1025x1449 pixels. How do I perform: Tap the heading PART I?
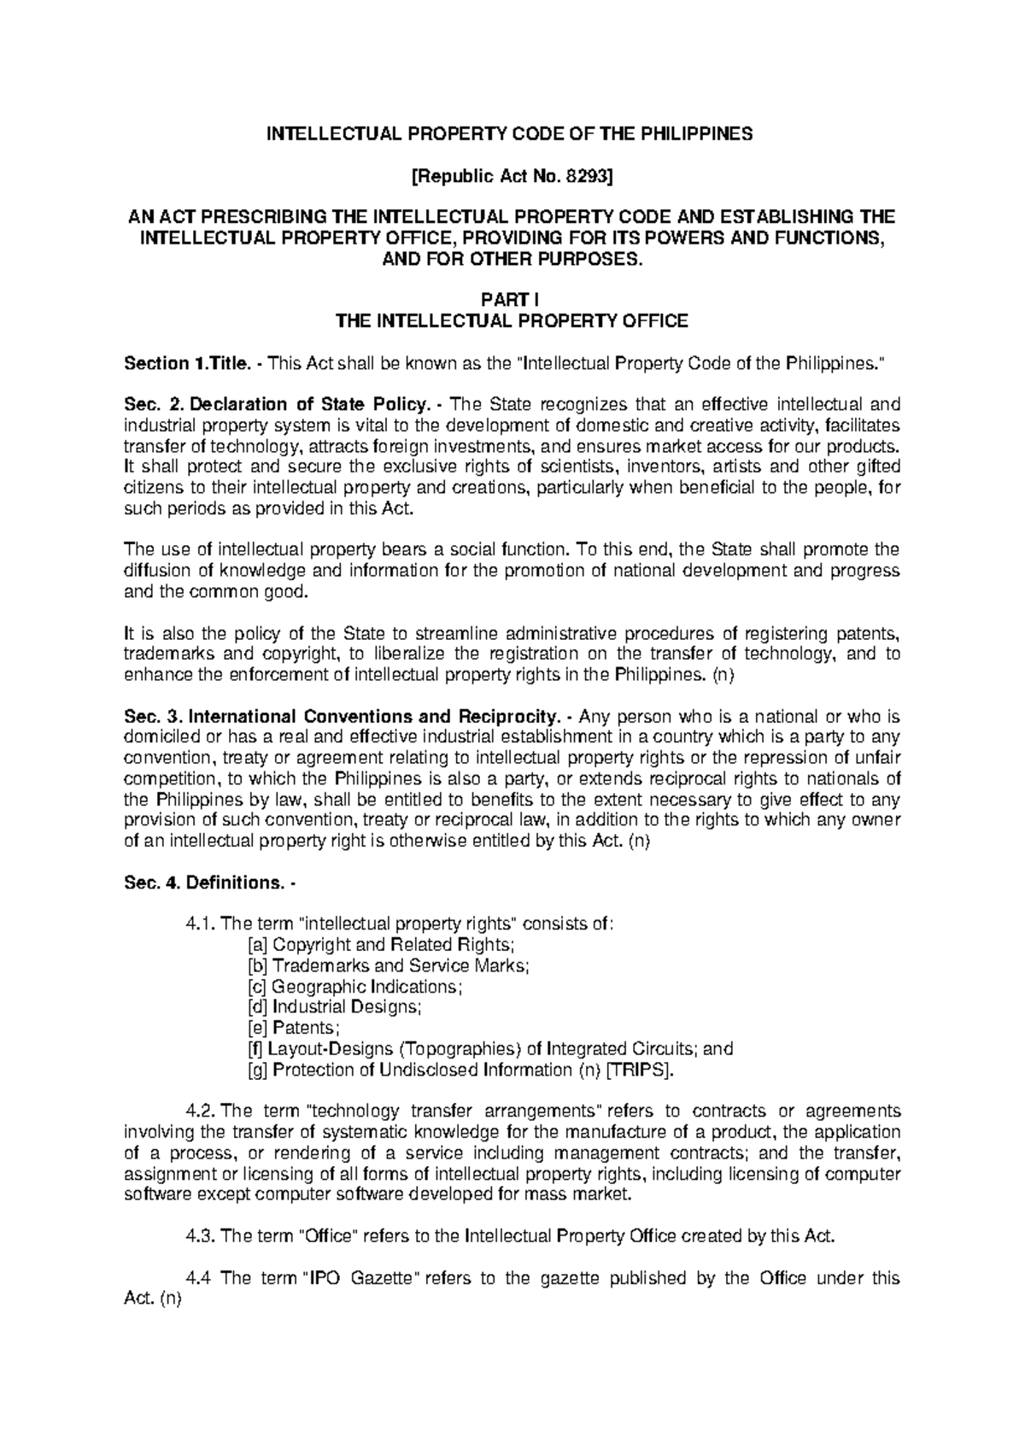click(x=512, y=300)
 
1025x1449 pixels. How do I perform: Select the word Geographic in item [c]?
click(x=311, y=986)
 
